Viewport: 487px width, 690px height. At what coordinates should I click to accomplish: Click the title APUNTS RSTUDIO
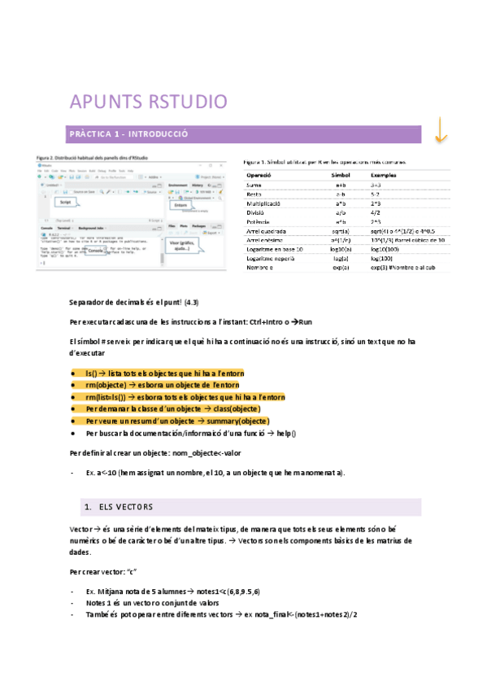pos(149,102)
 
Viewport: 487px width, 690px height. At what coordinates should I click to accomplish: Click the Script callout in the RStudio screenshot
pos(67,200)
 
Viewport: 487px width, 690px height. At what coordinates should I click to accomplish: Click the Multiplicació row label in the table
pos(266,203)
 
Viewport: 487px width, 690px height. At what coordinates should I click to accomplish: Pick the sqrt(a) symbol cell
pos(340,231)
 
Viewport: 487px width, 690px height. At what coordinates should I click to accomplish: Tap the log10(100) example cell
pos(385,250)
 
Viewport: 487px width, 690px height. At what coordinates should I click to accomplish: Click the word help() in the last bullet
pos(285,434)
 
